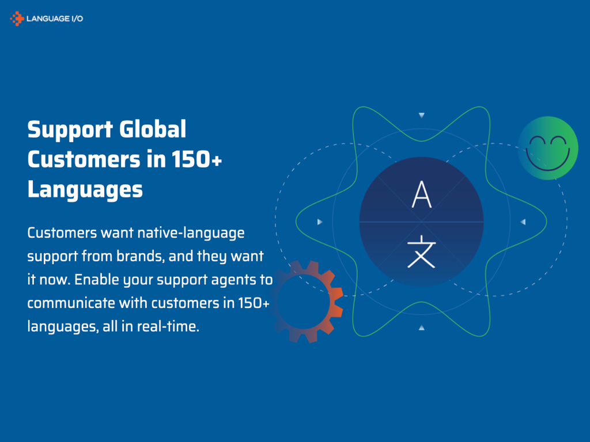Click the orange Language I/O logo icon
coord(17,19)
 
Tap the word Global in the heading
coord(153,129)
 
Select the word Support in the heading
coord(69,129)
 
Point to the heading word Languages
coord(85,189)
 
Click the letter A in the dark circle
coord(421,195)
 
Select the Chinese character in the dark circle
coord(421,252)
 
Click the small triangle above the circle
coord(421,115)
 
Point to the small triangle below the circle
coord(421,327)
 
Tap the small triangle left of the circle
coord(320,222)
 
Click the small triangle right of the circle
coord(523,222)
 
